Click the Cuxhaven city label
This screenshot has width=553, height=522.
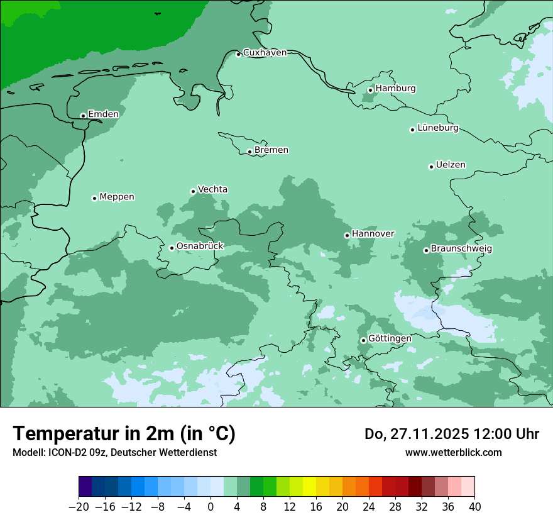click(x=265, y=53)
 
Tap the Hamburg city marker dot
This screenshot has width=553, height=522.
click(x=371, y=90)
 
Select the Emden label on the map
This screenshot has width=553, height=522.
click(x=103, y=114)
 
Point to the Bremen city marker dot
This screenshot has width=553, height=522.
click(x=249, y=152)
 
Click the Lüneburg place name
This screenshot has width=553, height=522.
click(x=437, y=128)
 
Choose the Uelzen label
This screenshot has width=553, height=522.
click(x=451, y=165)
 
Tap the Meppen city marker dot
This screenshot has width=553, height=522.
click(x=94, y=198)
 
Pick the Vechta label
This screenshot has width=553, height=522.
click(x=212, y=189)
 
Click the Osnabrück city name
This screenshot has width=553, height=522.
click(x=200, y=246)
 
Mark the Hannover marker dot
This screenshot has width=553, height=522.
click(x=347, y=235)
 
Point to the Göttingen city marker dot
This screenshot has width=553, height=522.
click(x=363, y=340)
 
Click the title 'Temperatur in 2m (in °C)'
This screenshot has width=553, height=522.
click(x=124, y=434)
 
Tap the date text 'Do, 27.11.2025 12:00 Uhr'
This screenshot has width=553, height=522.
click(x=452, y=434)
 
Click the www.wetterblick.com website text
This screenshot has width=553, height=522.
click(x=453, y=452)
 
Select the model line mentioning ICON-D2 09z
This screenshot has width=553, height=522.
click(x=114, y=452)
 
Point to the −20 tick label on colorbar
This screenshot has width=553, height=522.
click(x=79, y=507)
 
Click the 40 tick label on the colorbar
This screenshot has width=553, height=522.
click(x=474, y=507)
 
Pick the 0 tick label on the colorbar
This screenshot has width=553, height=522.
click(x=211, y=507)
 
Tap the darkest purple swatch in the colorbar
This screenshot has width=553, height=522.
click(x=85, y=487)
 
